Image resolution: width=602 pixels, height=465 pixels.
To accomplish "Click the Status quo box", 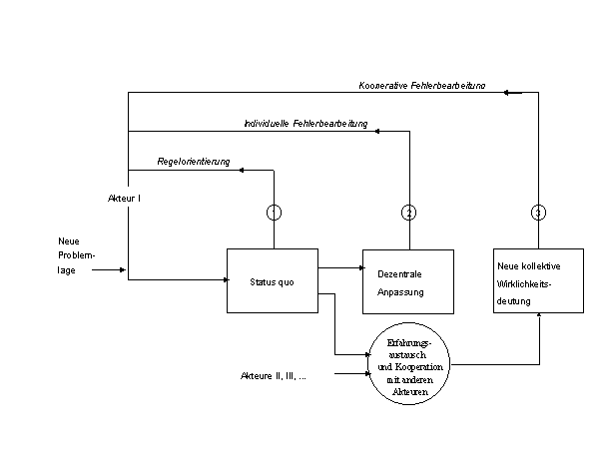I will coord(273,281).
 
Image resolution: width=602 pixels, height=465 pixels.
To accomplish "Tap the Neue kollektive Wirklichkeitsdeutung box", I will coord(538,280).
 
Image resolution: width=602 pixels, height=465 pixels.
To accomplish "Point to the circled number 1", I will coord(274,212).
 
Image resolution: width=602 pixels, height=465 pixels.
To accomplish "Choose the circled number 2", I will coord(408,212).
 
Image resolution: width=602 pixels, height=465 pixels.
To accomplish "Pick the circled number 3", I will coord(538,212).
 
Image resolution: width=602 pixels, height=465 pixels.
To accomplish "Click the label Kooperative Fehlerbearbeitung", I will coord(421,85).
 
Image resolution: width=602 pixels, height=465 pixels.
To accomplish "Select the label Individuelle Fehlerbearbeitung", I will coord(305,124).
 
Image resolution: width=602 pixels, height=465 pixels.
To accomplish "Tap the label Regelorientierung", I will coord(194,161).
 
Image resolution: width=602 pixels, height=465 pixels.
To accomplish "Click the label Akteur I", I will coord(124,199).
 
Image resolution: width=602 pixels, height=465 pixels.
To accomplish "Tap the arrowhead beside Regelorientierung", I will coord(237,170).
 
